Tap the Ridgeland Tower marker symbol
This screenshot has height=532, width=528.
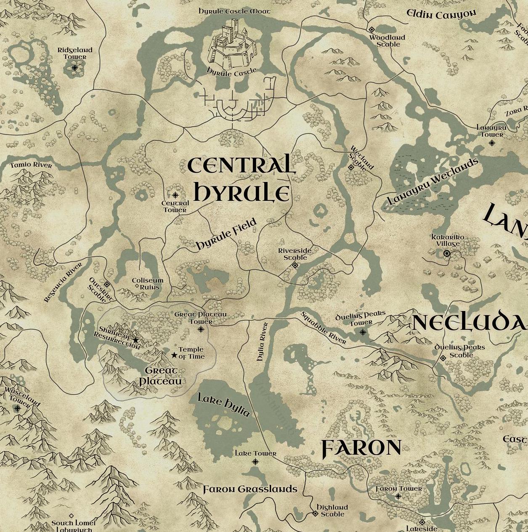point(75,67)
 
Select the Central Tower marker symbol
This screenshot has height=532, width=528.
point(175,195)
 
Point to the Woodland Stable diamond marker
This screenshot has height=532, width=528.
point(371,29)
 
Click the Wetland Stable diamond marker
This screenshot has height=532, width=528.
point(351,167)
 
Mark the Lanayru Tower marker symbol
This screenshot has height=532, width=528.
point(492,143)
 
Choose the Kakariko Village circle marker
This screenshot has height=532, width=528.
point(447,253)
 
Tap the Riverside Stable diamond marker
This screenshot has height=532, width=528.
point(295,265)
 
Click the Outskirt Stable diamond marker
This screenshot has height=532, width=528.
point(107,284)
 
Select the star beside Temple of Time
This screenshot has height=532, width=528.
point(174,355)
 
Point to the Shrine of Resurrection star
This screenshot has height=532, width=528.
point(135,340)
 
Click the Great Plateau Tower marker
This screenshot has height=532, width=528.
point(201,329)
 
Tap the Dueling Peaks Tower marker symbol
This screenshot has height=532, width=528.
point(363,332)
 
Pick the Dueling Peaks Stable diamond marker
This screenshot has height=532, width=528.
point(443,358)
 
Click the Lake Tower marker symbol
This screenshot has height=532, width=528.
point(255,462)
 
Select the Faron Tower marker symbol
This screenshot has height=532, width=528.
point(398,496)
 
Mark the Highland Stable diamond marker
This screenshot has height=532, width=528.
point(315,513)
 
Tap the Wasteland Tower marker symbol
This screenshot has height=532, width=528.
point(17,408)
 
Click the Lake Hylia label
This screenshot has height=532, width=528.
point(224,405)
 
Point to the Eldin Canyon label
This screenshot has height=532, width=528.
point(441,14)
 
